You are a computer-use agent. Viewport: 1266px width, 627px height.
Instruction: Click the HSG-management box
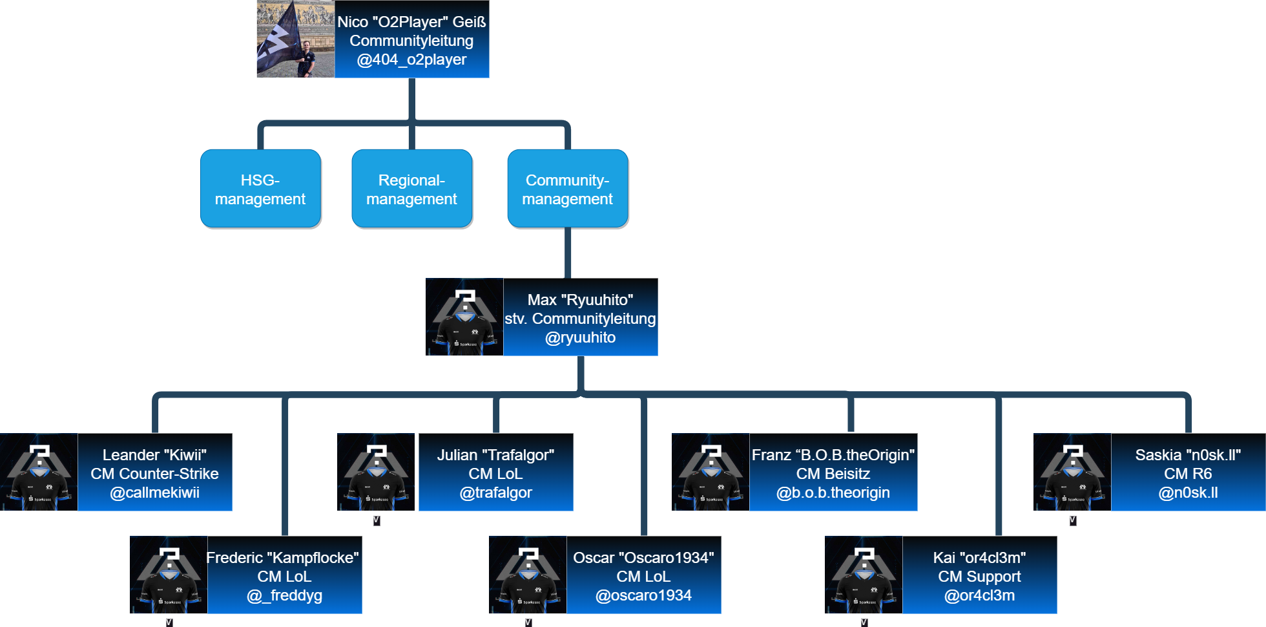(260, 188)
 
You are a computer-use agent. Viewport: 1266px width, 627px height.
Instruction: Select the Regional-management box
(411, 188)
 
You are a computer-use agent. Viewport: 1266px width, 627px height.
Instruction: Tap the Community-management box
(567, 188)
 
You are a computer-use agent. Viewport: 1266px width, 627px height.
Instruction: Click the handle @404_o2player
(411, 59)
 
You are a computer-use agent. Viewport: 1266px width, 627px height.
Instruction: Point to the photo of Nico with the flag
(295, 39)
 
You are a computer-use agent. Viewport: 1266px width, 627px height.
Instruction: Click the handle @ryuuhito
(580, 337)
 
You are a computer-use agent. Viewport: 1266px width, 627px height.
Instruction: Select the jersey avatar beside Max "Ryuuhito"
(464, 317)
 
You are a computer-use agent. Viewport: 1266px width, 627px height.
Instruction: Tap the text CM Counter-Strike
(154, 474)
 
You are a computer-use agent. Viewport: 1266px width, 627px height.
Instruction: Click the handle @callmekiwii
(154, 493)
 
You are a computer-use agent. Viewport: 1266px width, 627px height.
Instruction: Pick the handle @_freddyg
(284, 595)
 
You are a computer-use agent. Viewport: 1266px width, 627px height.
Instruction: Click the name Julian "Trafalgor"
(495, 455)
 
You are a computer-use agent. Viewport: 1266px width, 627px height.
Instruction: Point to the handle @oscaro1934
(643, 595)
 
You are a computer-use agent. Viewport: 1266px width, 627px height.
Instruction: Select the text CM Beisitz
(833, 474)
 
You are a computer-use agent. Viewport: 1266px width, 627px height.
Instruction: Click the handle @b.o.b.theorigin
(833, 493)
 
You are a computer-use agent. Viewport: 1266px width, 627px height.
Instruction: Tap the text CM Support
(979, 577)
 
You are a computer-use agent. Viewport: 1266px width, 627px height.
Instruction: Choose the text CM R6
(1188, 474)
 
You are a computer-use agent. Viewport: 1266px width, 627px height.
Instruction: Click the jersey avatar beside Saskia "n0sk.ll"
(1072, 472)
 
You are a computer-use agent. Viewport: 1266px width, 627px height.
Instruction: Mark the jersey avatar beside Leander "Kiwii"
(39, 472)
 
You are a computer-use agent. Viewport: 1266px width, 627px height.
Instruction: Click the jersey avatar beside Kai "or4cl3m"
(864, 575)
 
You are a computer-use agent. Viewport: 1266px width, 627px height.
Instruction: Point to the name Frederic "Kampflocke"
(282, 558)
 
